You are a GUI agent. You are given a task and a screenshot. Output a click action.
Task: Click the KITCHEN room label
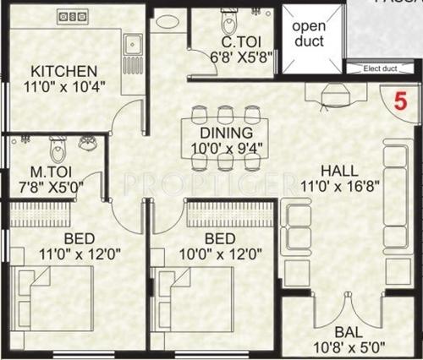(64, 70)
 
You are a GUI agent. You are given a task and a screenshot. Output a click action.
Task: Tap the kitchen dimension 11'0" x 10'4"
(64, 86)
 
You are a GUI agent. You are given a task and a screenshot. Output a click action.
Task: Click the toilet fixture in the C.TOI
(228, 20)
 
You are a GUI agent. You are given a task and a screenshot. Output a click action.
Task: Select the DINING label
(225, 133)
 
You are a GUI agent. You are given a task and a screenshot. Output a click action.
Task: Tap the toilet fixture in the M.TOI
(58, 150)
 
